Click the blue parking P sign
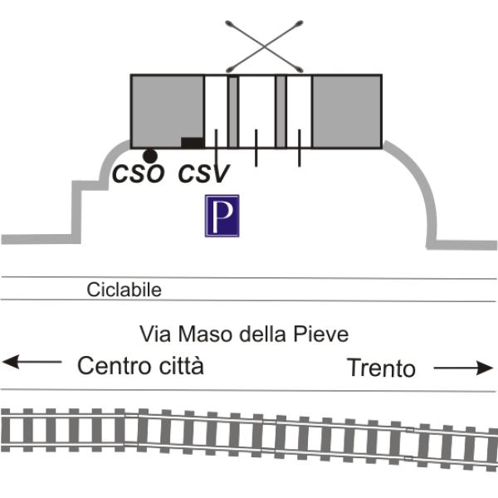222,216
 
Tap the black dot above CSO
150,156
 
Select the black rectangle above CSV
193,143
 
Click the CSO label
139,173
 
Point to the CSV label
203,173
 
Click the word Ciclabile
124,290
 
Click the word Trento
381,368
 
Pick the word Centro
114,365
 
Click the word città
181,365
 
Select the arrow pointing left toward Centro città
32,362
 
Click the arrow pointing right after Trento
463,368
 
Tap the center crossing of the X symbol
264,47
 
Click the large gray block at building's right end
347,111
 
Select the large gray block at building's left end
167,108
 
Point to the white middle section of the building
256,111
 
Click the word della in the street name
262,334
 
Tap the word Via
155,334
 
